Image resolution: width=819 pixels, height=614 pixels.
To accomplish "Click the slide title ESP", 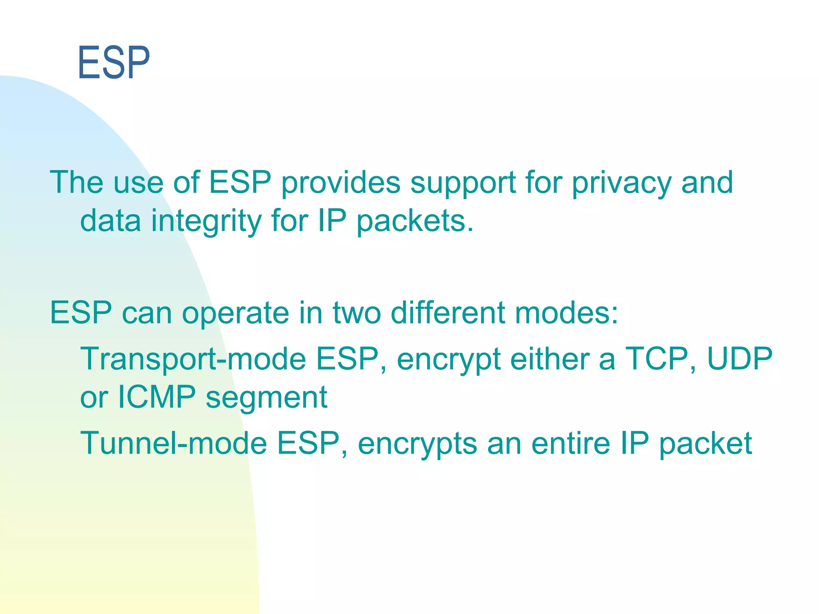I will [114, 63].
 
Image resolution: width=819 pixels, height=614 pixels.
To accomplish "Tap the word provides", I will [341, 182].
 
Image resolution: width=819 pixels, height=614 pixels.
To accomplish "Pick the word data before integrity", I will [110, 221].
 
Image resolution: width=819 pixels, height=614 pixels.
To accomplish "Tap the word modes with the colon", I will [567, 312].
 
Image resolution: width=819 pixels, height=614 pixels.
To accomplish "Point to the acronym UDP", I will [739, 359].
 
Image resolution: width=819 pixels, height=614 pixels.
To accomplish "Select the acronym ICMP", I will [156, 397].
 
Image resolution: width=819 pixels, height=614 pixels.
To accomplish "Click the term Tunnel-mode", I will [174, 443].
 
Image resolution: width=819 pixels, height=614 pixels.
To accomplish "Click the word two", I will [357, 313].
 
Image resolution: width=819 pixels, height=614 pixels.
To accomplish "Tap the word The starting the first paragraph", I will [76, 182].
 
